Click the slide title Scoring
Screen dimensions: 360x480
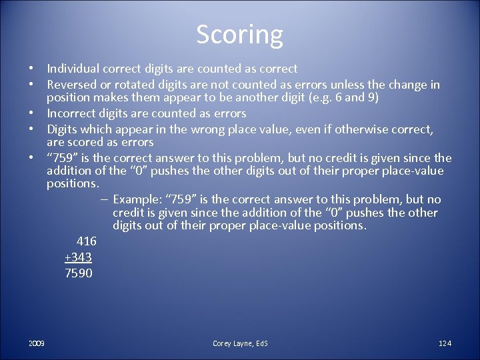(x=239, y=34)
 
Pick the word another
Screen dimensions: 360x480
(x=260, y=98)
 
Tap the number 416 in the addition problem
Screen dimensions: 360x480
(x=86, y=241)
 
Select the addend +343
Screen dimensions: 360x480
(x=78, y=257)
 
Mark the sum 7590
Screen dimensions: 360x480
(x=79, y=273)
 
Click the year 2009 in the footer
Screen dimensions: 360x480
(x=37, y=343)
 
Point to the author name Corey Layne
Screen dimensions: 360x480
(x=234, y=343)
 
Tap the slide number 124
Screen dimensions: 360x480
(x=445, y=343)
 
